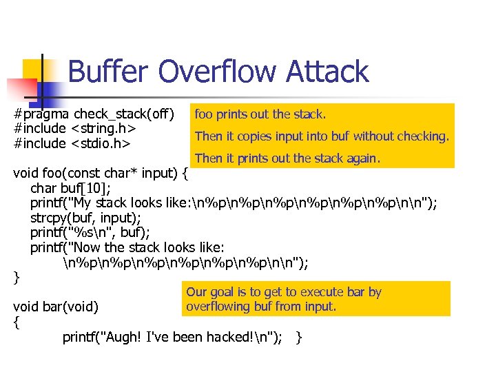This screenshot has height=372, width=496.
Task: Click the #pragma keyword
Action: pyautogui.click(x=42, y=113)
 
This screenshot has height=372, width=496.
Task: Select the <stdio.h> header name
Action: pyautogui.click(x=101, y=143)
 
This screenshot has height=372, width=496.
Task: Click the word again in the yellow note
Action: pyautogui.click(x=362, y=158)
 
